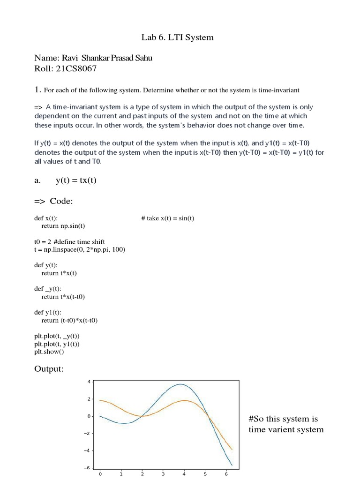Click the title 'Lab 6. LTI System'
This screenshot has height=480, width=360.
[177, 37]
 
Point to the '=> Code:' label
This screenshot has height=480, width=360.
[53, 201]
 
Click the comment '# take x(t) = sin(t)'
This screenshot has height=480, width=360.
[167, 218]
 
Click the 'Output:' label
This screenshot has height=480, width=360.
[49, 369]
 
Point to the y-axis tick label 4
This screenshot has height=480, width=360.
[89, 382]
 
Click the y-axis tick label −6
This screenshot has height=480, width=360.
[87, 468]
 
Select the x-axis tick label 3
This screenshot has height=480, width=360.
[163, 474]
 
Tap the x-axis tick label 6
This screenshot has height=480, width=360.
[226, 474]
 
